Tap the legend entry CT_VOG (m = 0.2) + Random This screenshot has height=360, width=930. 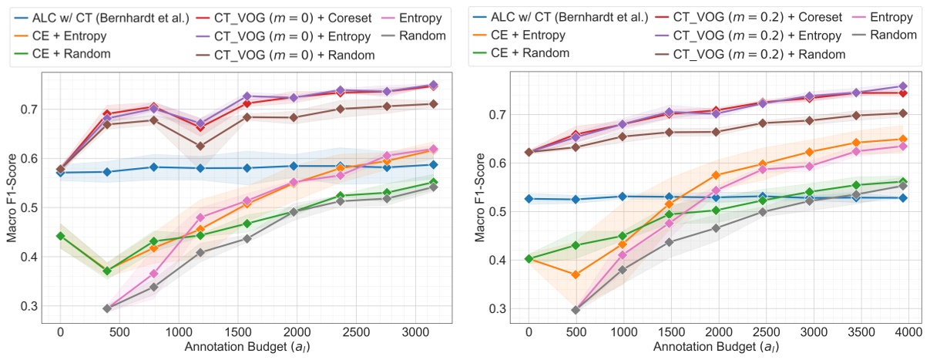tap(759, 54)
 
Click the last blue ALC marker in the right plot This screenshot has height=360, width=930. tap(903, 198)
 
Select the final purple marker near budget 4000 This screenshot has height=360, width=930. tap(903, 86)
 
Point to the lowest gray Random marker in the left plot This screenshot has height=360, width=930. tap(107, 308)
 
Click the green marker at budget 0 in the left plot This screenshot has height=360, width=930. tap(60, 236)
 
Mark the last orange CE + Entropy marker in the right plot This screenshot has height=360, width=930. tap(903, 140)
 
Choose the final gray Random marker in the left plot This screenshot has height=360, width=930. tap(433, 187)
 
